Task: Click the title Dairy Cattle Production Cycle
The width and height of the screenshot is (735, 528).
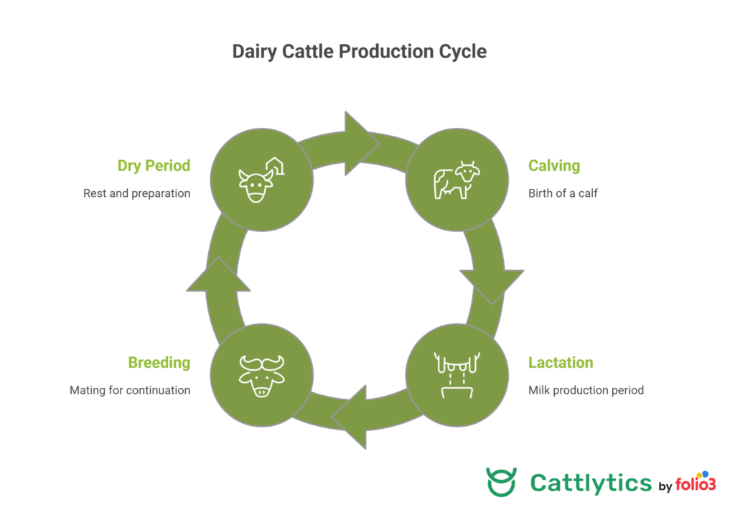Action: point(359,52)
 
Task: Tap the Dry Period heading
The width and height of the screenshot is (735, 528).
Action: point(154,166)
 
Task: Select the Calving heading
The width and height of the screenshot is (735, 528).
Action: point(554,166)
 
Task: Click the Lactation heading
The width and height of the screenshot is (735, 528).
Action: point(561,363)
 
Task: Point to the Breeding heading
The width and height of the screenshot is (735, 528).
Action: point(159,363)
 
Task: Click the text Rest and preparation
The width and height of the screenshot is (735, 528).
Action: point(136,193)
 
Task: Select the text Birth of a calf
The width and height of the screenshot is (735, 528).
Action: point(563,193)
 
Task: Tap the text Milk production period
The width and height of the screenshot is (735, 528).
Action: point(586,390)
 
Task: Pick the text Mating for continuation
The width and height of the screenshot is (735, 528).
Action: point(130,390)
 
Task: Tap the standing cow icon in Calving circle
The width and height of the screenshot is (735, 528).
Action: point(456,180)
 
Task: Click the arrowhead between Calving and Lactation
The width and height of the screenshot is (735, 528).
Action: point(492,284)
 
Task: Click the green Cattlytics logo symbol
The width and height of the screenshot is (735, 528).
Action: point(500,482)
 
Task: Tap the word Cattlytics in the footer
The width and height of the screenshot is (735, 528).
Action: point(591,483)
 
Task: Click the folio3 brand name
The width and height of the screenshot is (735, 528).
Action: point(696,485)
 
